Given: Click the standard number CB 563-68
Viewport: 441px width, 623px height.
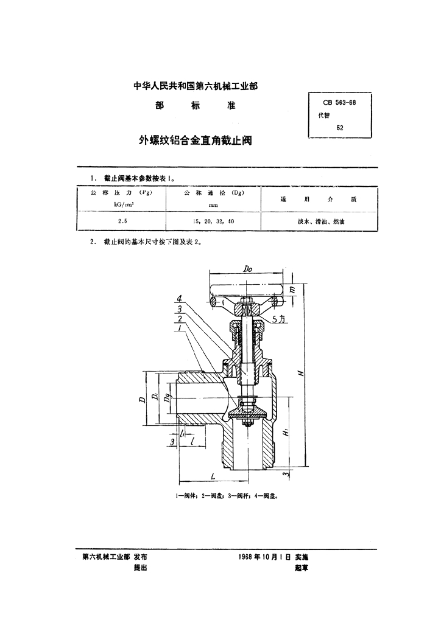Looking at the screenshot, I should (340, 102).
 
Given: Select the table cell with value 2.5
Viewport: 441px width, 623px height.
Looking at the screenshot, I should (122, 221).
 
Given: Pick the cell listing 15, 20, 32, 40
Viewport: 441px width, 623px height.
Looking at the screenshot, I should (213, 221).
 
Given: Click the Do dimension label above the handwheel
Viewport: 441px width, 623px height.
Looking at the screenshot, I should (247, 268).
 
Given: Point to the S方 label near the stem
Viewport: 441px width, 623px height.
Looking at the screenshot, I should (278, 318).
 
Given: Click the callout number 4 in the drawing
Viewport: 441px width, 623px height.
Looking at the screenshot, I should (180, 299).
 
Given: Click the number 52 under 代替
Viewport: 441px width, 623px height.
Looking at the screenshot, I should (339, 128).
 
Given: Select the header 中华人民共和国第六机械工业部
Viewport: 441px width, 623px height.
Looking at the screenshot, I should (195, 87).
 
